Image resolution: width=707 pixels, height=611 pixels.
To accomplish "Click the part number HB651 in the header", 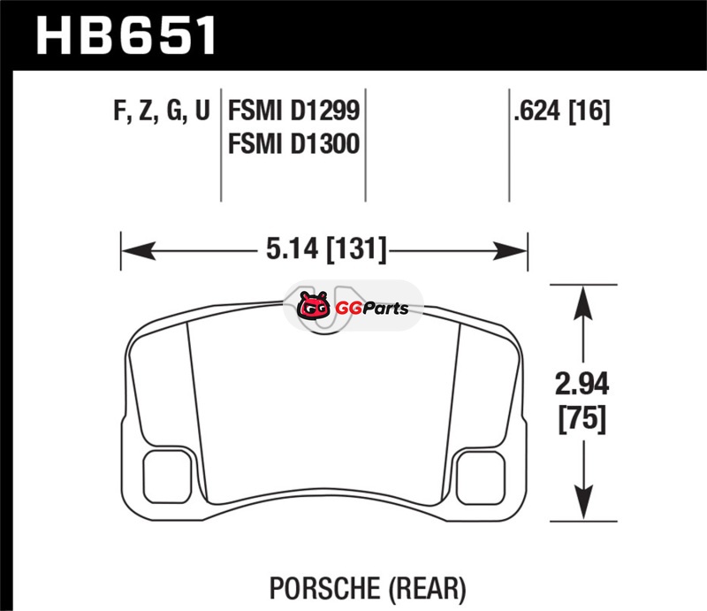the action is click(125, 35).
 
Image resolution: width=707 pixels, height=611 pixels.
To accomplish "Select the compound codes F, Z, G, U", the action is click(162, 111).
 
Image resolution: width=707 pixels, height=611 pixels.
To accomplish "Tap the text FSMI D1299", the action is click(294, 111).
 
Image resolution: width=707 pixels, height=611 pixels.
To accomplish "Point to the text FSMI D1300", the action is click(294, 143).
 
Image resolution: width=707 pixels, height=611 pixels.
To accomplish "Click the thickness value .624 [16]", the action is click(562, 111).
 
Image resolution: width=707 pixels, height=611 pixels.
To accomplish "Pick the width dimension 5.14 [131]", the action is click(326, 249).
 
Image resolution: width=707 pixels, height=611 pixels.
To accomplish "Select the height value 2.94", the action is click(582, 385).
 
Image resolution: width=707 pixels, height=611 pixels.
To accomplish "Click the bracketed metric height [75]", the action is click(582, 420).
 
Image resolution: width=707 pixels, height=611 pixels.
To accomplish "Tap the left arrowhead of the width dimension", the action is click(139, 251).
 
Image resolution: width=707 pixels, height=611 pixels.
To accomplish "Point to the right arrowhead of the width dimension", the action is click(510, 251).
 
